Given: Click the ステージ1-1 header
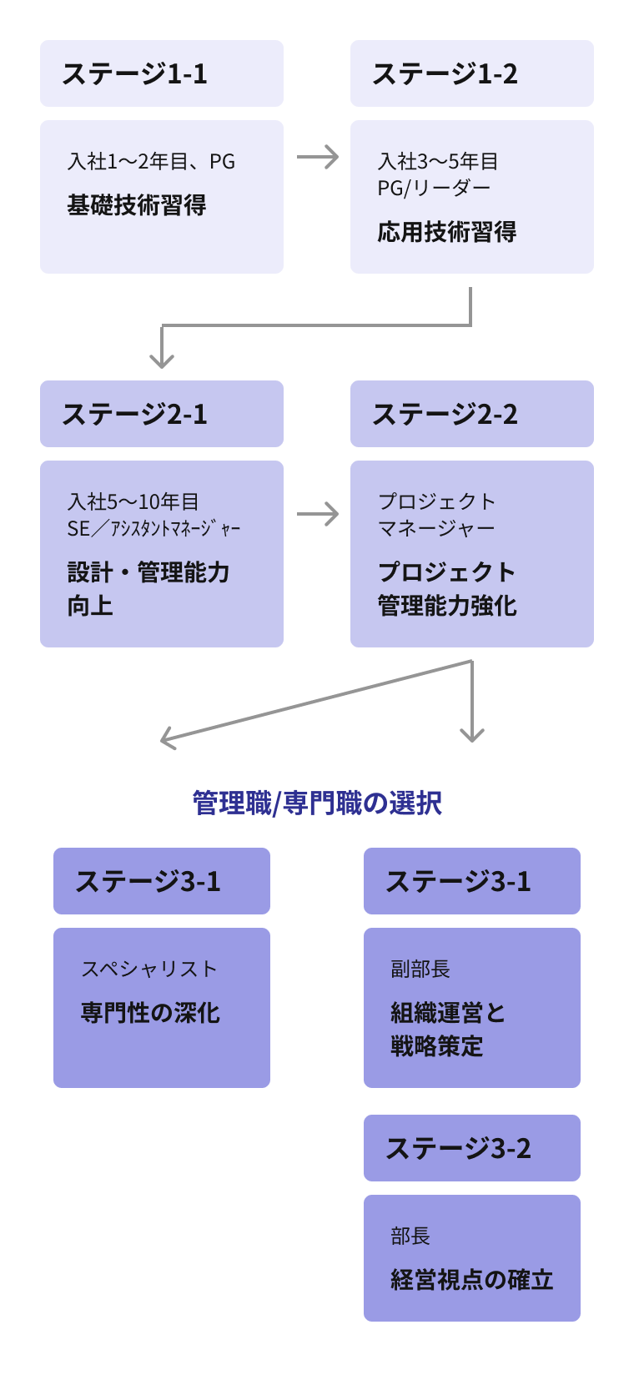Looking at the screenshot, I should coord(162,73).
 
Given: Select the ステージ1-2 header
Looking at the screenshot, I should coord(472,73).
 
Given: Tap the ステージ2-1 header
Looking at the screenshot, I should coord(162,414).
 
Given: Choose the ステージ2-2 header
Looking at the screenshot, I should coord(472,414).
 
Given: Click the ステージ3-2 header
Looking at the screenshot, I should coord(472,1148).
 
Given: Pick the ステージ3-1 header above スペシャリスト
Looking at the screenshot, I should coord(162,881).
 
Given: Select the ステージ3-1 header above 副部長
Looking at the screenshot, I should coord(472,881).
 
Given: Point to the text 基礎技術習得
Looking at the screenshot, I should coord(137,205).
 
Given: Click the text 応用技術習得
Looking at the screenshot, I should coord(447,232).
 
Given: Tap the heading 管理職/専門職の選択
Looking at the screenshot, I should coord(317,803).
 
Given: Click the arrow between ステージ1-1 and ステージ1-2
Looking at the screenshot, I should coord(318,157).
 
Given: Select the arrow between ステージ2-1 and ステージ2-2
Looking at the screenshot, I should coord(318,514).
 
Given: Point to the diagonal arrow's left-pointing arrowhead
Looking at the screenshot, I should coord(167,738).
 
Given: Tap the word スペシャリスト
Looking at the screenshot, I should coord(149,969).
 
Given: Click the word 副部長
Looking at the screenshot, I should coord(420,969).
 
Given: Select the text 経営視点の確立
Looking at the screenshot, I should coord(472,1280).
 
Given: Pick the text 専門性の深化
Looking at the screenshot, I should coord(150,1013).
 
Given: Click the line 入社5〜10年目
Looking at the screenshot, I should coord(133,501).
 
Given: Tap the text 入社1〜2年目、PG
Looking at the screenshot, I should coord(151,161).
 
